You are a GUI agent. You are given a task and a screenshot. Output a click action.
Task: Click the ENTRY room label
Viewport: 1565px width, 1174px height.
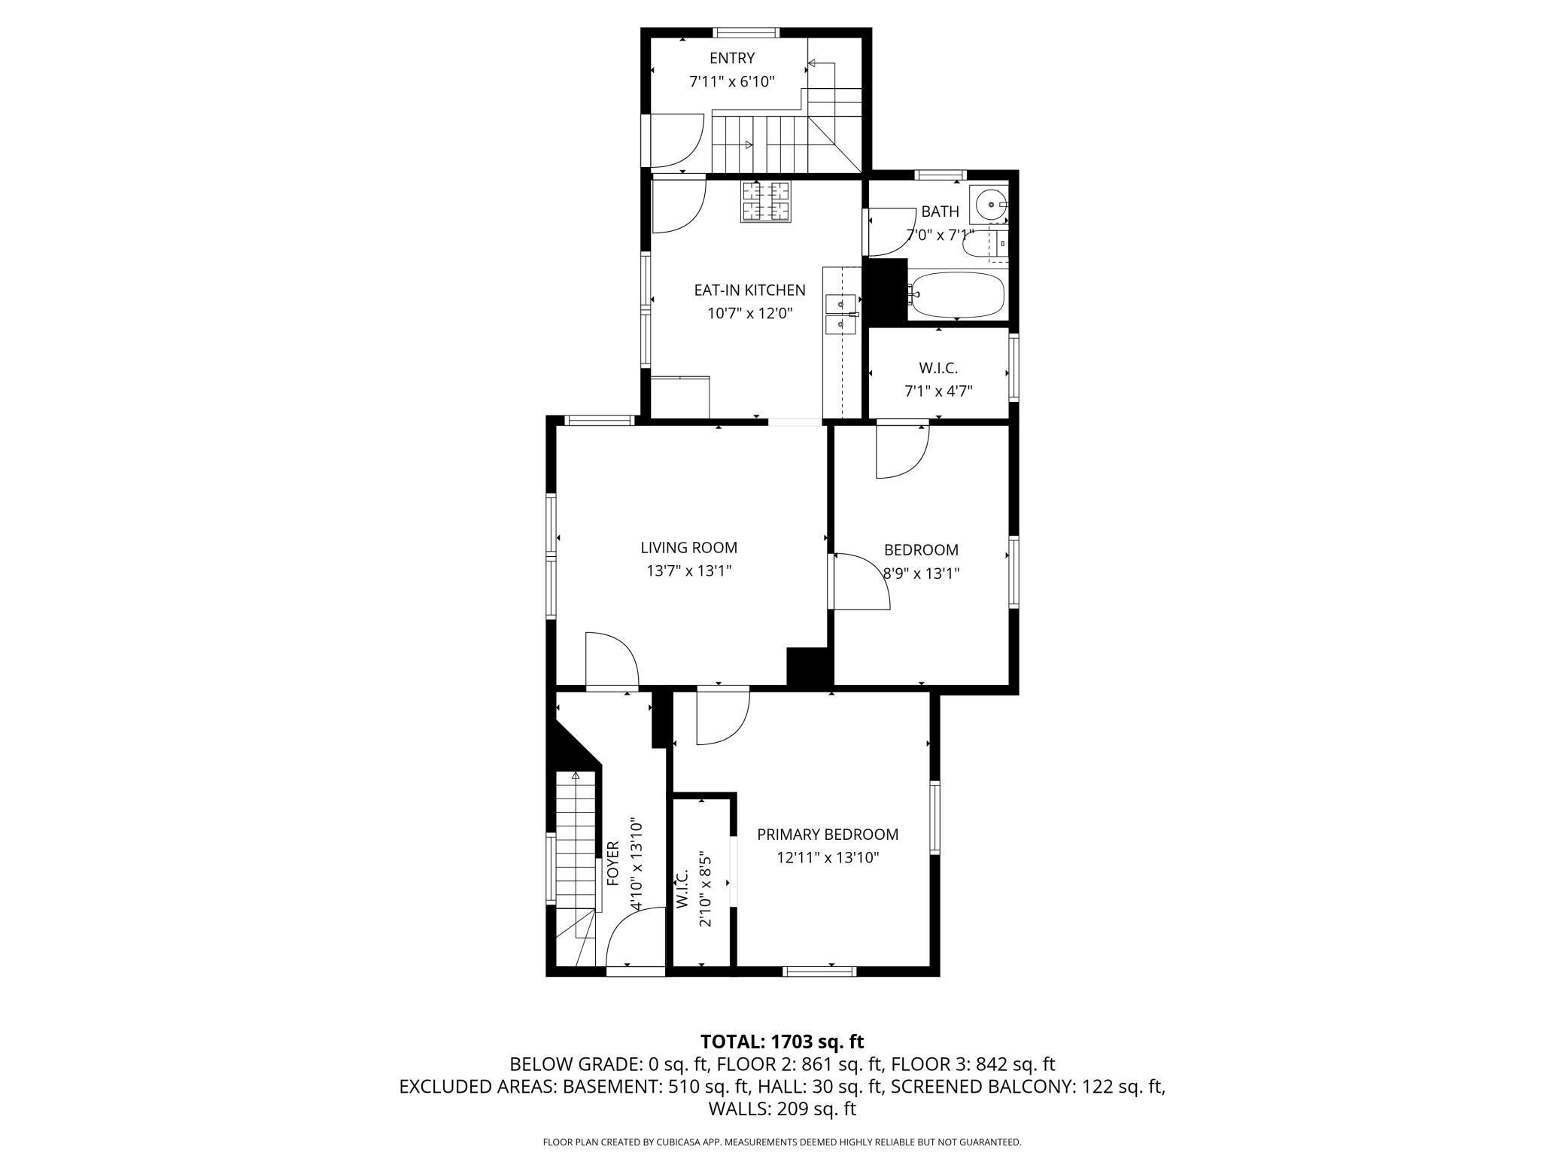731,59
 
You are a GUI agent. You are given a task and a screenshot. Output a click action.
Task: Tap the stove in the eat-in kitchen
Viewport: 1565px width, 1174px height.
767,202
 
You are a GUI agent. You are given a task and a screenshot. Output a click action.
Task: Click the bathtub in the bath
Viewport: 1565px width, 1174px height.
957,295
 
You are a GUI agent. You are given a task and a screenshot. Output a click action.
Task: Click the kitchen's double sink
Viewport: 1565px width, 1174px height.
841,314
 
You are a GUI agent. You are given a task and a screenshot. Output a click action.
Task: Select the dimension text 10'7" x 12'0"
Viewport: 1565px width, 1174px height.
749,314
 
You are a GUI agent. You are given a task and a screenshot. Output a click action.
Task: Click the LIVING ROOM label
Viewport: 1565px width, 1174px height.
688,548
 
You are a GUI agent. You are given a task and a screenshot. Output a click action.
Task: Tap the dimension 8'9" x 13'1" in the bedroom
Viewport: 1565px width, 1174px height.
921,573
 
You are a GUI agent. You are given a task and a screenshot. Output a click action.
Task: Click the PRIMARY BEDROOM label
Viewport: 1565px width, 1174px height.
827,835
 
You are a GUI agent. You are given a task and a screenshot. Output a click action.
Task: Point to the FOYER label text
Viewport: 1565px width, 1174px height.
612,863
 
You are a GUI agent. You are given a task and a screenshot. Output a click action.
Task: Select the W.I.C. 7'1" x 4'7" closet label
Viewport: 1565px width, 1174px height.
938,379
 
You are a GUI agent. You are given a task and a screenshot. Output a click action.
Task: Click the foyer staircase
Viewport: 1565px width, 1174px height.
576,835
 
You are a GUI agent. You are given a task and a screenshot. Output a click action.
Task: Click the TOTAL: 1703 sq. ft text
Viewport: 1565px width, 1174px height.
782,1042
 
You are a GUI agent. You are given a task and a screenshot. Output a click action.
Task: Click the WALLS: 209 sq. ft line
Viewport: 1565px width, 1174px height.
782,1109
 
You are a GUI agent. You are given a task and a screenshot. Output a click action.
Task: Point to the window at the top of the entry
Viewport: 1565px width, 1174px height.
746,32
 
